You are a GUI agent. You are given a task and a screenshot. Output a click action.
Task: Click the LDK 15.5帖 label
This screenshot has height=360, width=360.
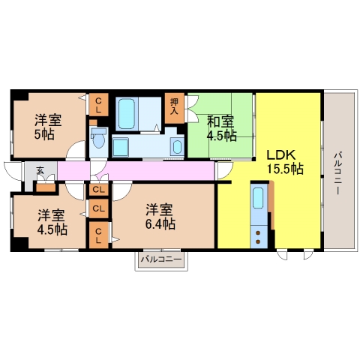coord(285,162)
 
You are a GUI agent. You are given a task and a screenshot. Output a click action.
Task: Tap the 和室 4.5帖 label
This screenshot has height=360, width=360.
coord(221,128)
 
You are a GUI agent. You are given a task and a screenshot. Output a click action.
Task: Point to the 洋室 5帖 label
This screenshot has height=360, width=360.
coord(48,127)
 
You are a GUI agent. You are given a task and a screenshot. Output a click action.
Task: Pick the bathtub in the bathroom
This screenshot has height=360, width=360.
coord(127,113)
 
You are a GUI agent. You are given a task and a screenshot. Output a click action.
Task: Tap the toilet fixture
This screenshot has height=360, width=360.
coord(98,138)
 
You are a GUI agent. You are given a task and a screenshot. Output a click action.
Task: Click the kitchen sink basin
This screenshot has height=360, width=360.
coord(258,198)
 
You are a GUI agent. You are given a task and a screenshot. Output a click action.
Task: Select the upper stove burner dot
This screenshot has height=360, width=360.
coord(258,233)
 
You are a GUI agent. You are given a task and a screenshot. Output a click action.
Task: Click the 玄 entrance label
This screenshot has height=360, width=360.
coord(40,170)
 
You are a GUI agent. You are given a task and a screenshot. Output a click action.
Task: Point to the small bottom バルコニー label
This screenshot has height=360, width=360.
coord(161,259)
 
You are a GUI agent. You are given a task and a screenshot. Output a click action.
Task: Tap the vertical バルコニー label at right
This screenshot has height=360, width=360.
coord(337,172)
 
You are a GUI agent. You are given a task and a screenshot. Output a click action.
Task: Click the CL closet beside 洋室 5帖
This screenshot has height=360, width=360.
coord(98,105)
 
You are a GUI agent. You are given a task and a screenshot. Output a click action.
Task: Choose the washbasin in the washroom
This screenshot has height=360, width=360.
coord(177,147)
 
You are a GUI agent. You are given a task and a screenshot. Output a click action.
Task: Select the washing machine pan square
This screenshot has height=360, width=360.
coord(121,147)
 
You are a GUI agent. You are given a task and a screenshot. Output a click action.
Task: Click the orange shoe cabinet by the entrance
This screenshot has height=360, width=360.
coord(46,187)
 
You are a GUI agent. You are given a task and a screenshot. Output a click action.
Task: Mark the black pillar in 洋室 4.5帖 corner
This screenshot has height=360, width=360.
coord(19,244)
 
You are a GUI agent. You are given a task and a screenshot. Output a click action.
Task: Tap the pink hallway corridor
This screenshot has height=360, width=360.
coord(136,170)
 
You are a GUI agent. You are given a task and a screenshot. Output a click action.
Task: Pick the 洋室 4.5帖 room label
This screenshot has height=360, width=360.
coord(52,223)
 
